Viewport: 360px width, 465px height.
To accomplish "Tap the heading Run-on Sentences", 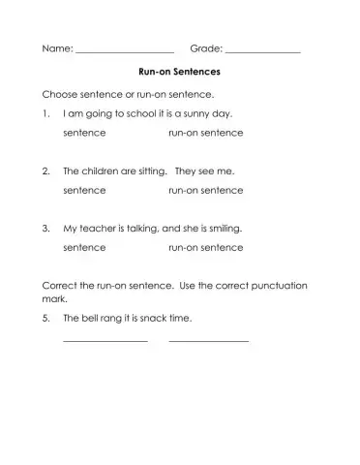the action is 179,72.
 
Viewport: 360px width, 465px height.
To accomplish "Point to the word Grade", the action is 205,47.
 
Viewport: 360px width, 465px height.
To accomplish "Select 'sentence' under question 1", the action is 84,132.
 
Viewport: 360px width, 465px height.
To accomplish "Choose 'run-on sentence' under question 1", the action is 205,132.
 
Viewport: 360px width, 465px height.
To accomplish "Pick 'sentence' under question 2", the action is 84,190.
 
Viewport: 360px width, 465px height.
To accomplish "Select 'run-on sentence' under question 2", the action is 205,190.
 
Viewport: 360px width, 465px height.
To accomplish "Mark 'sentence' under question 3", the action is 84,247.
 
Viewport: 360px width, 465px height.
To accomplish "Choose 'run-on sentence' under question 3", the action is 205,247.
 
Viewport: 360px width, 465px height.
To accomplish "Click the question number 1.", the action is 45,113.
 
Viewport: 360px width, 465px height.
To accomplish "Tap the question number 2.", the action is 45,170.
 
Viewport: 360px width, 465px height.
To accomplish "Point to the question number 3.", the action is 45,229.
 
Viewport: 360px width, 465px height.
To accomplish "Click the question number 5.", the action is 45,317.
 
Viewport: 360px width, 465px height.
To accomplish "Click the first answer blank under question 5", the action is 105,339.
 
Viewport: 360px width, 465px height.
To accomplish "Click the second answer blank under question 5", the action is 208,339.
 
